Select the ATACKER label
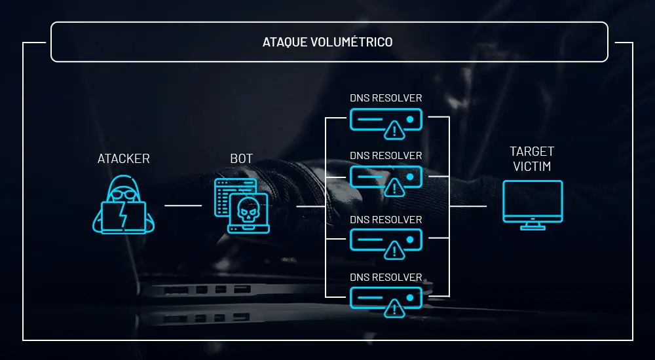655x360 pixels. [x=123, y=158]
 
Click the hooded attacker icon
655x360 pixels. [x=123, y=204]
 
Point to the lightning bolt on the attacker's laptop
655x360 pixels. [x=123, y=215]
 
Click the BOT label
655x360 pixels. [x=241, y=158]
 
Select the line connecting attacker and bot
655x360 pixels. [x=183, y=206]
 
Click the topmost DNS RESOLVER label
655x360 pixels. [x=386, y=98]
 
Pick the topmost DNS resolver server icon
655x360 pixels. [x=386, y=120]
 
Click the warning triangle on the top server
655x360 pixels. [x=394, y=130]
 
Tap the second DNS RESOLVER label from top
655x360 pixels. [x=386, y=156]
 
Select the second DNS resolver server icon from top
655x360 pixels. [x=386, y=177]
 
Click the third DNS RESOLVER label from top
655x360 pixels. [x=386, y=219]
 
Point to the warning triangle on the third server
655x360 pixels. [x=394, y=249]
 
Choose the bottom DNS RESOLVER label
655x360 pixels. [x=386, y=277]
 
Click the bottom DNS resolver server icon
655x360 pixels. [x=386, y=298]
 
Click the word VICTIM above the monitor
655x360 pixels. [x=531, y=166]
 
